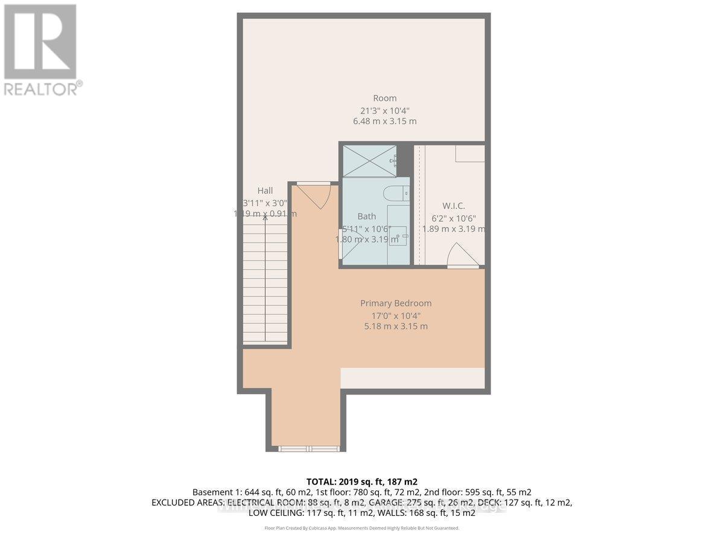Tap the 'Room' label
pos(384,98)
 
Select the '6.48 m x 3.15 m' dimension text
pos(384,121)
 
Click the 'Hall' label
pos(265,191)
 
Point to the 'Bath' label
pos(366,217)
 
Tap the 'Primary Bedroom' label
pos(396,303)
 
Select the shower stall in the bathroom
pos(369,160)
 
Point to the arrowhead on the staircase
pos(265,218)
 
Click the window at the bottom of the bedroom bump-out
pos(309,448)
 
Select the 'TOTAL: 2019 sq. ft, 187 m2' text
pos(362,481)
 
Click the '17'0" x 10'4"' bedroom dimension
pos(396,315)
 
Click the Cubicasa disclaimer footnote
pos(362,528)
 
